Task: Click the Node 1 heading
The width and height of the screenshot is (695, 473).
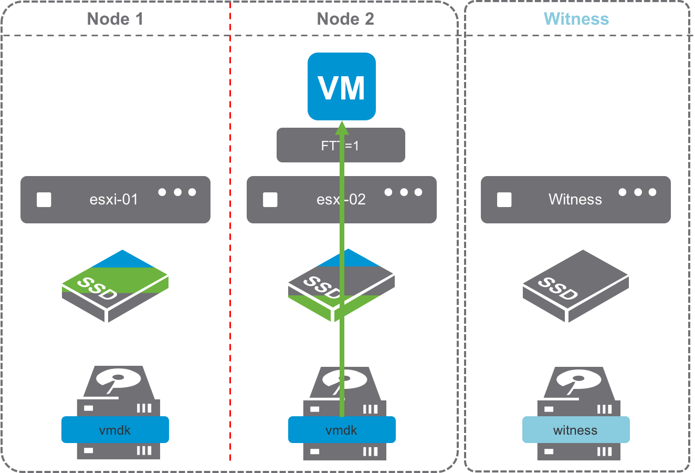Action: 115,19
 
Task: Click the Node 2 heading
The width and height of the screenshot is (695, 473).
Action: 345,19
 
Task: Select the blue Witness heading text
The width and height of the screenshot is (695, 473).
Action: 576,19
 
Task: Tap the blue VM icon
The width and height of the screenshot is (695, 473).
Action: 342,86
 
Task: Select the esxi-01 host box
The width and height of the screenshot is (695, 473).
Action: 115,200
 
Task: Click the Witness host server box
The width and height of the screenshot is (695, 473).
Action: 575,200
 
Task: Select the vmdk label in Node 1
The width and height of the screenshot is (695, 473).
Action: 115,430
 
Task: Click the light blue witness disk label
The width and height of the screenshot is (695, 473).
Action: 575,430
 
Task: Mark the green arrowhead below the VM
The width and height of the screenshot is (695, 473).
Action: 342,128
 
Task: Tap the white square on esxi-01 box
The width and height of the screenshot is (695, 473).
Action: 44,200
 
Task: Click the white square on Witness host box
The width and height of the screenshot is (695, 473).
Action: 504,200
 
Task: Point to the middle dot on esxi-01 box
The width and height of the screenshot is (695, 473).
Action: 177,192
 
